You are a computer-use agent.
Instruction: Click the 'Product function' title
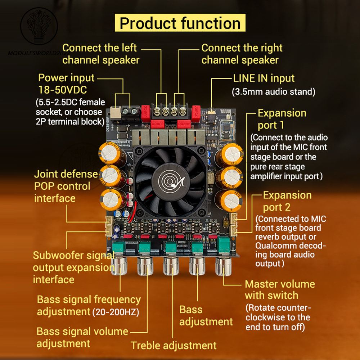[180, 23]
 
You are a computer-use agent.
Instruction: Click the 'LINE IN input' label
[264, 78]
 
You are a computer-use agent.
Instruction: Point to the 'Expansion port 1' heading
[282, 119]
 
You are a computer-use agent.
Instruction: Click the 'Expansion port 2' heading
[287, 201]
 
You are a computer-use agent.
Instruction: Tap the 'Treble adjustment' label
[174, 346]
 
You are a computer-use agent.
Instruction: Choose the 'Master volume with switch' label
[280, 289]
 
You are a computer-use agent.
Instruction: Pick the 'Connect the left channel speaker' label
[100, 54]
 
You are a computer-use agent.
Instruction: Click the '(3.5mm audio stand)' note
[274, 92]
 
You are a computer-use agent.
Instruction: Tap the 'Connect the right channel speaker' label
[242, 54]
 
